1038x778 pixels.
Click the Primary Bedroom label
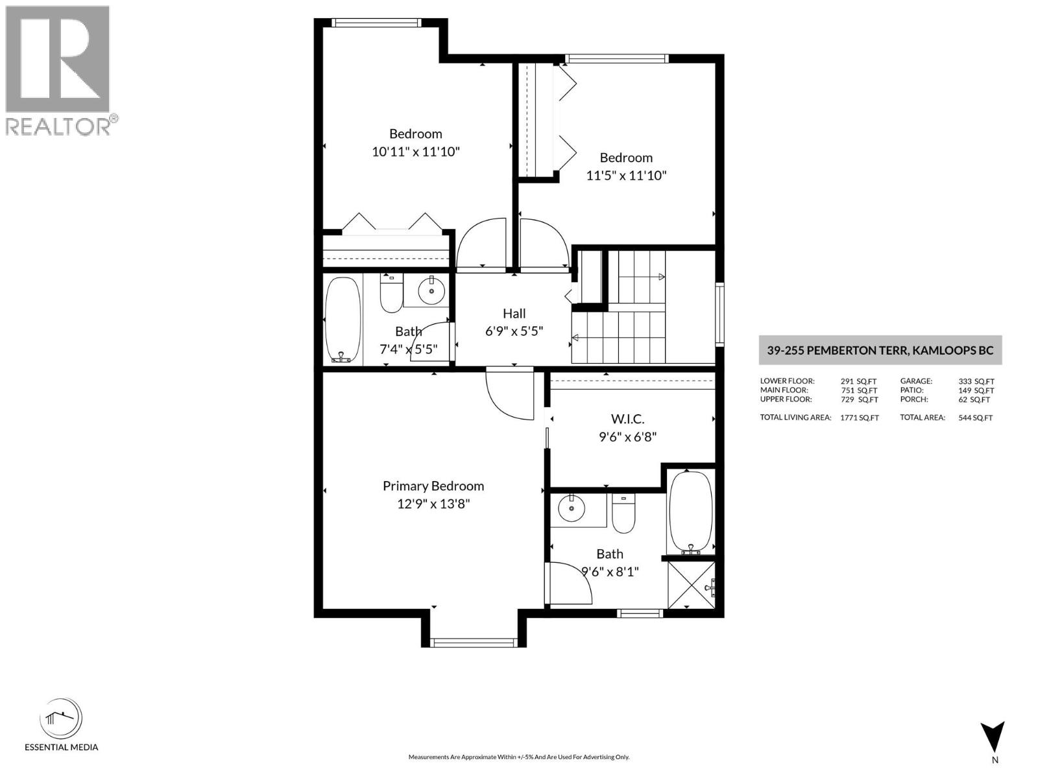click(x=433, y=486)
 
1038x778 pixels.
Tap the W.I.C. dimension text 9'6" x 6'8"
click(x=627, y=437)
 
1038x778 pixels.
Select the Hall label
click(x=514, y=313)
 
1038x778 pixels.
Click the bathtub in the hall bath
click(x=342, y=320)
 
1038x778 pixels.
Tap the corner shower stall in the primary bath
click(x=691, y=584)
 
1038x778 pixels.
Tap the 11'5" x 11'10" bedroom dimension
click(x=626, y=175)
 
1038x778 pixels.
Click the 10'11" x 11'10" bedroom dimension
click(x=415, y=152)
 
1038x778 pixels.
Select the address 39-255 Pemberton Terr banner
click(x=880, y=350)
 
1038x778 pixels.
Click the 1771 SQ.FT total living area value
click(x=859, y=418)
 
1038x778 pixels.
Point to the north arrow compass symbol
click(x=993, y=738)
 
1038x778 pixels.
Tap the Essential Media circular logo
click(x=61, y=719)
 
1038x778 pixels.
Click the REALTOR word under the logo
click(x=58, y=126)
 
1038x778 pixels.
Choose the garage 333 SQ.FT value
click(x=976, y=381)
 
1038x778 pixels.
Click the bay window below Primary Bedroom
click(x=474, y=642)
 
